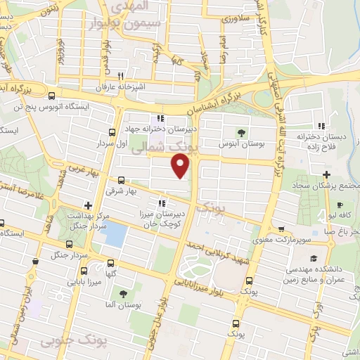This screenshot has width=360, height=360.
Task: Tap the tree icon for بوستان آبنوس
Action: point(242,132)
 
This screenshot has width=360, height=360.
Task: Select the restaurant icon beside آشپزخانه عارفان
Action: point(120,76)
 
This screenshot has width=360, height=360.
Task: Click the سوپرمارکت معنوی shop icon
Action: point(281,229)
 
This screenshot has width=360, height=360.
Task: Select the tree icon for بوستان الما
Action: point(123,294)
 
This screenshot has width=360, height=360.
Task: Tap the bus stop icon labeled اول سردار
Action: point(112,131)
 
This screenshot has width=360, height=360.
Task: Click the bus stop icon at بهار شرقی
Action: point(121,179)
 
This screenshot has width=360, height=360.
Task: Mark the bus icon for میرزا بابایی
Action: point(84,271)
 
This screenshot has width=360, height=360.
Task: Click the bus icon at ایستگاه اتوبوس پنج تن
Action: point(51,96)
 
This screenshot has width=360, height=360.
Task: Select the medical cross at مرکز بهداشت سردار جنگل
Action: point(87,205)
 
